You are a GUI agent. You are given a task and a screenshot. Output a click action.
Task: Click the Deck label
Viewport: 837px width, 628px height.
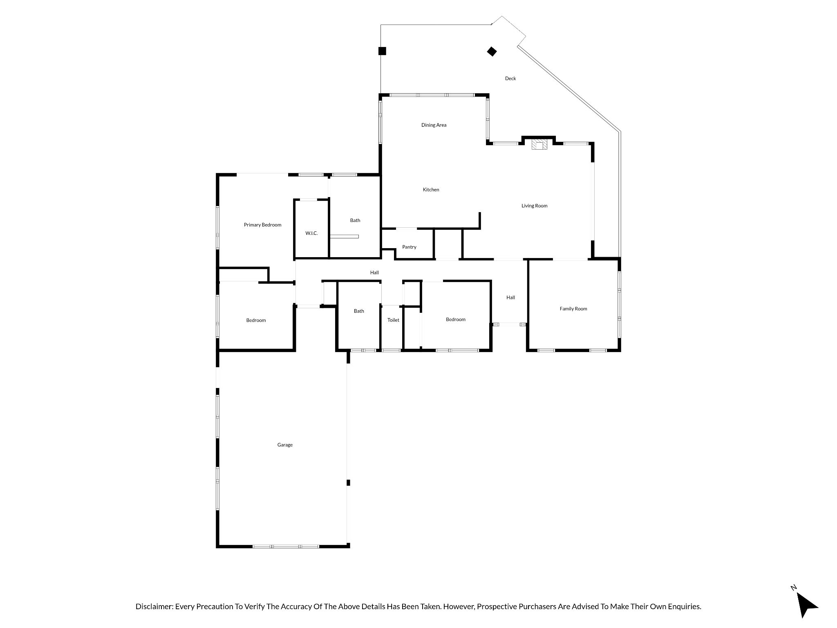pyautogui.click(x=510, y=78)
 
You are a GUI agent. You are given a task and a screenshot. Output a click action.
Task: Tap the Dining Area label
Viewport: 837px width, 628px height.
pyautogui.click(x=434, y=125)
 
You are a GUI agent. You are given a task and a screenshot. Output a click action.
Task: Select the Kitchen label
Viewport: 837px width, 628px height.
pyautogui.click(x=431, y=190)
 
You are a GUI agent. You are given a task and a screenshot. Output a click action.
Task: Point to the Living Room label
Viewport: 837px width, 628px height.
pyautogui.click(x=534, y=206)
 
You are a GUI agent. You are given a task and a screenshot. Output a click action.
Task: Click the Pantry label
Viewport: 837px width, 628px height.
pyautogui.click(x=409, y=247)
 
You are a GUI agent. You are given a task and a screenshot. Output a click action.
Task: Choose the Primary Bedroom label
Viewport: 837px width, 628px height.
pyautogui.click(x=262, y=225)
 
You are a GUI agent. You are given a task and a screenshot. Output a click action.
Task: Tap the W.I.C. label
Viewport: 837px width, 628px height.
pyautogui.click(x=311, y=233)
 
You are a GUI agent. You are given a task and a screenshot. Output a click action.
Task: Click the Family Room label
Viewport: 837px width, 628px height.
pyautogui.click(x=573, y=309)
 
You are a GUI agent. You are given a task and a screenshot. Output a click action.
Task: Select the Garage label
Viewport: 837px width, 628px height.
pyautogui.click(x=285, y=445)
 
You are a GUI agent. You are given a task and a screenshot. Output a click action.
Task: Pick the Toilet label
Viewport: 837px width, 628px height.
pyautogui.click(x=393, y=320)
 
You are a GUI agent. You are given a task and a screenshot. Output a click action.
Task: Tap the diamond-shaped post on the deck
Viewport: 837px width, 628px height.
pyautogui.click(x=492, y=52)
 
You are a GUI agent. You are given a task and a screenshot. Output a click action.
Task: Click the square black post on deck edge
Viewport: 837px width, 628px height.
pyautogui.click(x=382, y=51)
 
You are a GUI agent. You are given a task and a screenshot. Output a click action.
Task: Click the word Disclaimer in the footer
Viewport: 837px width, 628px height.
pyautogui.click(x=154, y=607)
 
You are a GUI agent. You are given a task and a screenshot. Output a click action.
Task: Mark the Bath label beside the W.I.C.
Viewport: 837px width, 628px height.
pyautogui.click(x=355, y=220)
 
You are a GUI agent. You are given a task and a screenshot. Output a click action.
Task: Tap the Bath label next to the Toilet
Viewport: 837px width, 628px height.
pyautogui.click(x=359, y=311)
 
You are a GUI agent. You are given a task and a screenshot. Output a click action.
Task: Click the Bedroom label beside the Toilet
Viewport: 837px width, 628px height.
pyautogui.click(x=455, y=319)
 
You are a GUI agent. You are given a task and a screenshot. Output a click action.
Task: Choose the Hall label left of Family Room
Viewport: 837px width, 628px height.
pyautogui.click(x=510, y=298)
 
